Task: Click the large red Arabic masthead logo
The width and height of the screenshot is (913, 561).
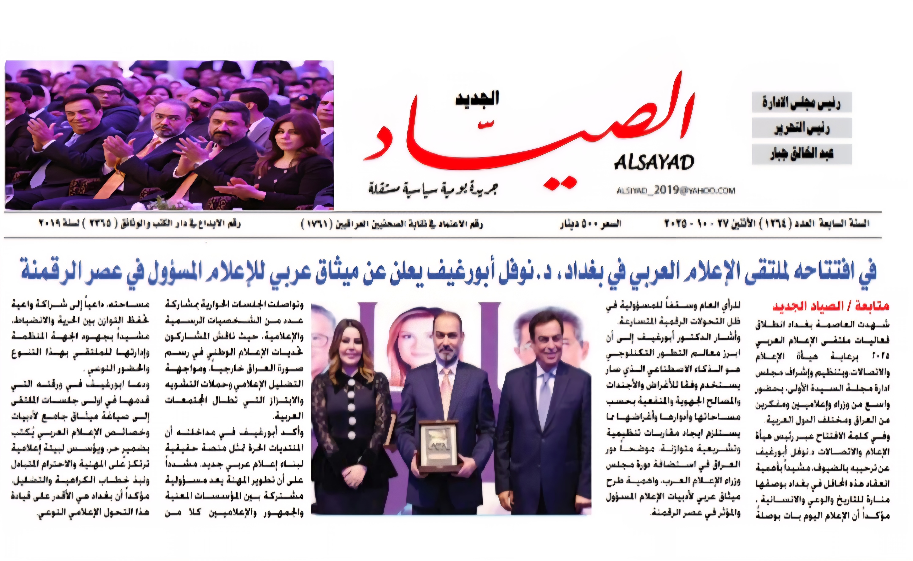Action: point(527,133)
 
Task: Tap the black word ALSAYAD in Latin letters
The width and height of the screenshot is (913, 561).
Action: point(654,162)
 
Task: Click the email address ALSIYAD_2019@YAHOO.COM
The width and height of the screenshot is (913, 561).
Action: point(675,191)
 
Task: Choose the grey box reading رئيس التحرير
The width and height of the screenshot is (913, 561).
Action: point(802,128)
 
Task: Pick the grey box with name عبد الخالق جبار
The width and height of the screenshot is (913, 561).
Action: point(802,154)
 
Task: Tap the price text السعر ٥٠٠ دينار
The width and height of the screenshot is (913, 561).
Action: point(590,224)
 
